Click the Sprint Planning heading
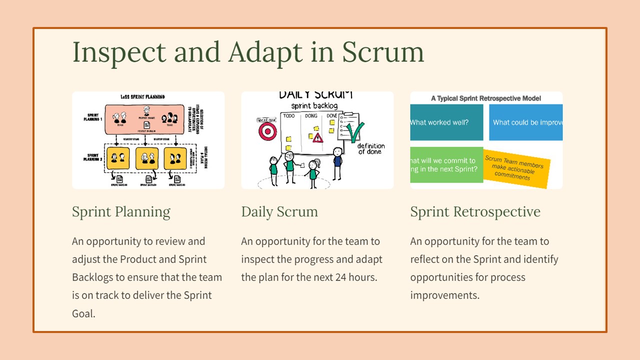pos(121,212)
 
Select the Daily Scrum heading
pos(279,212)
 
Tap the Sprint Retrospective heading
pos(475,212)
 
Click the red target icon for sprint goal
pos(266,131)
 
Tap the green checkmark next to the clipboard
pos(355,132)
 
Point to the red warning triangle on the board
pos(318,137)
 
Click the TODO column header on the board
pos(289,116)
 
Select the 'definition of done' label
pos(371,148)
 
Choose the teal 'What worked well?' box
pos(446,122)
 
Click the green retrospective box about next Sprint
pos(446,165)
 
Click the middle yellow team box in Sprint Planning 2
pos(147,158)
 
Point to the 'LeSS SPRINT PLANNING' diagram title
pos(142,96)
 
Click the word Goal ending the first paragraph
pos(83,313)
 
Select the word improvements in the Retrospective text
pos(444,295)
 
